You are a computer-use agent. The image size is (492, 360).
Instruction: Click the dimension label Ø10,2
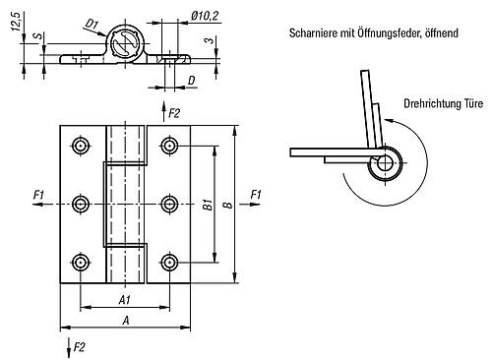point(205,16)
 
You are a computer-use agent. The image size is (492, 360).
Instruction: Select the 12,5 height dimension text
point(16,22)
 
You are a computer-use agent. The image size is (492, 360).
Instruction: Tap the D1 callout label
point(92,25)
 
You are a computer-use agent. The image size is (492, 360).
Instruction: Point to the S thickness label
point(38,35)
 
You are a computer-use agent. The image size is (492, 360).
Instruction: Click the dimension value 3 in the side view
point(209,40)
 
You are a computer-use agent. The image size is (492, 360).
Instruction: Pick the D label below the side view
point(191,81)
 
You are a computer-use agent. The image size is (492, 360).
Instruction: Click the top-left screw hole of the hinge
point(81,146)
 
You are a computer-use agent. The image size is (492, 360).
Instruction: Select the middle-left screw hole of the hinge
point(81,205)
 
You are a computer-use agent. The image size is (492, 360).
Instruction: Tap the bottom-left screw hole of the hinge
point(81,263)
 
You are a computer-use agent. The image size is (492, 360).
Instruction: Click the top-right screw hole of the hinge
point(169,146)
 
